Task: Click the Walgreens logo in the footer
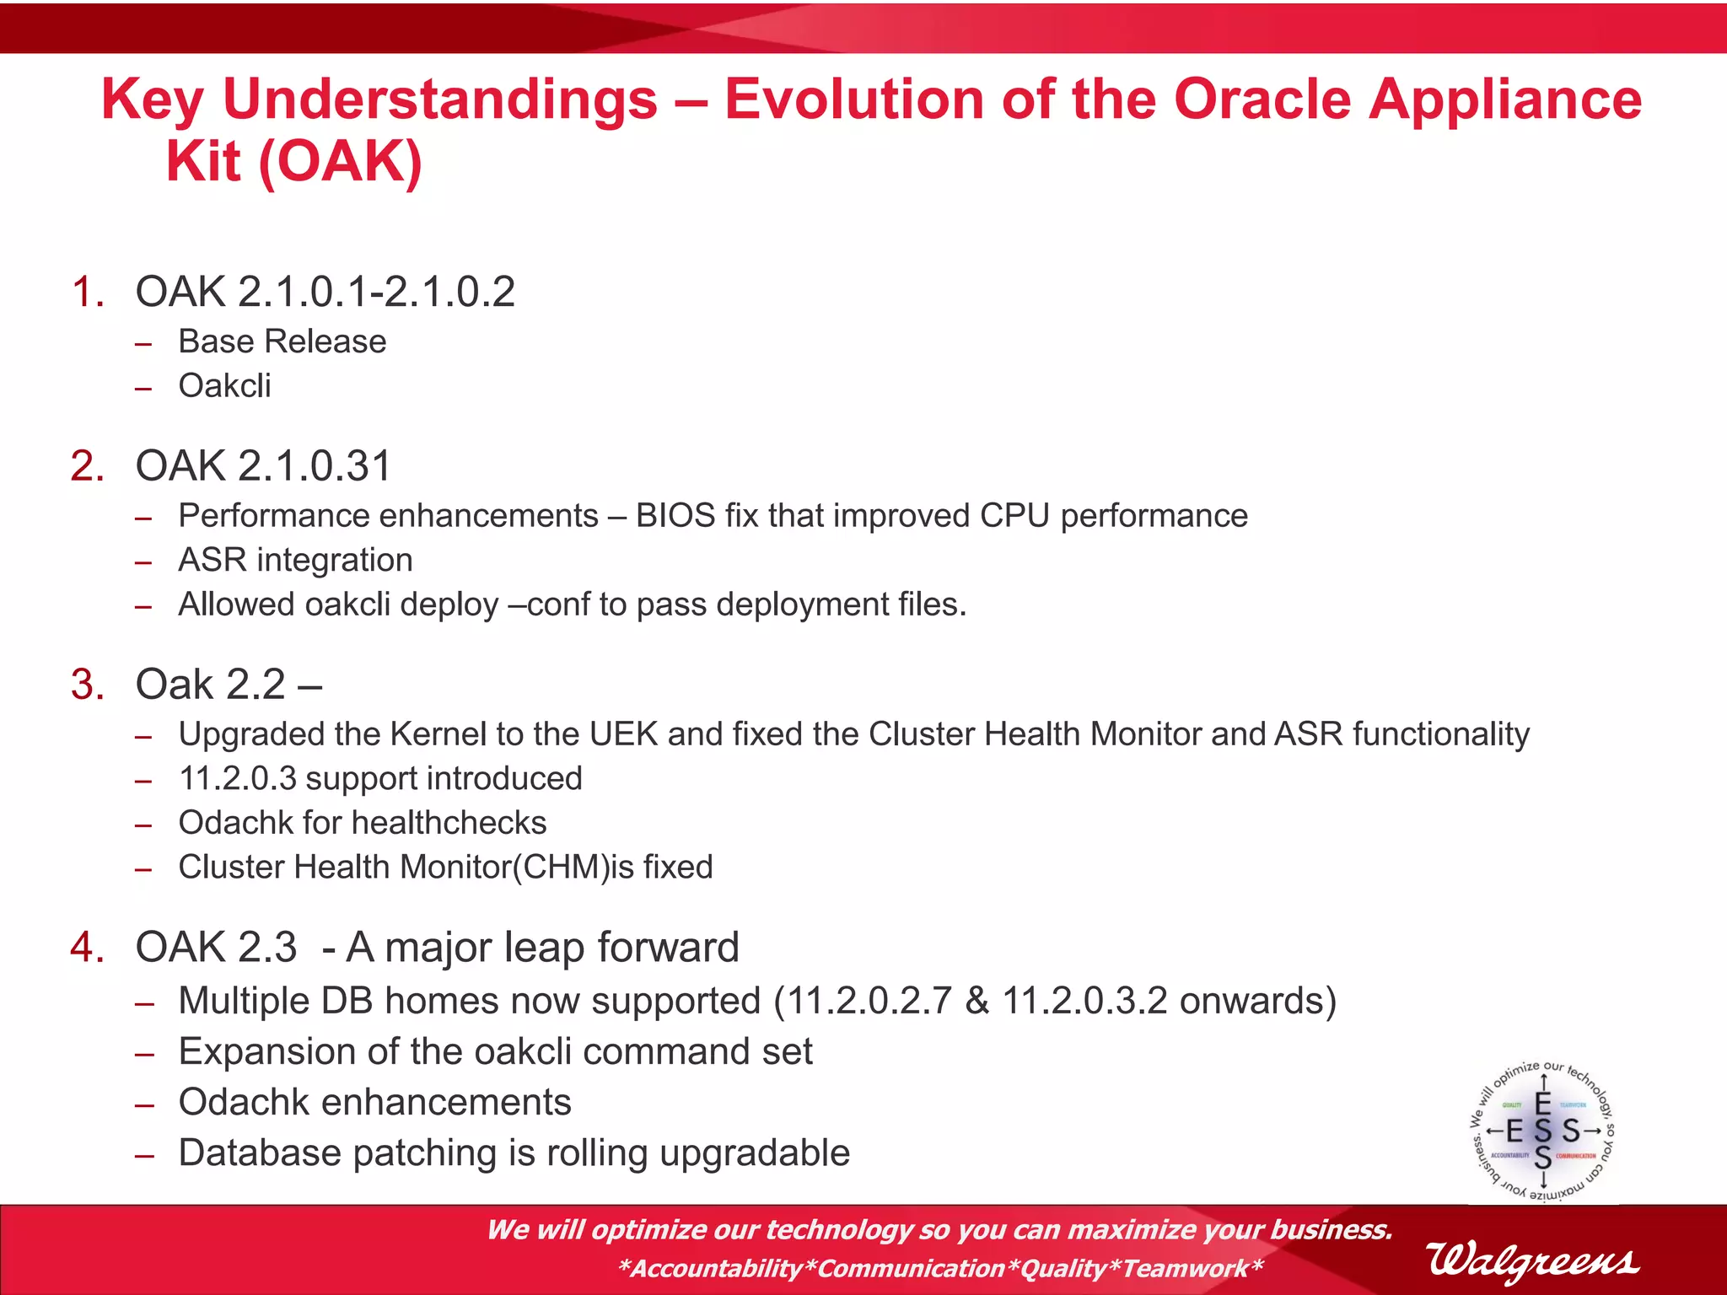click(1532, 1262)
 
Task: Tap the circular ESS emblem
click(1543, 1131)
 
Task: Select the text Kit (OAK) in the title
click(293, 161)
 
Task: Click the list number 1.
click(88, 293)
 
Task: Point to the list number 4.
click(88, 948)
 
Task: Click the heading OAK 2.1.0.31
click(263, 466)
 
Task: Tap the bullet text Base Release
click(282, 341)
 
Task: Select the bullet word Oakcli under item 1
click(224, 386)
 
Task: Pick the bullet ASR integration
click(295, 561)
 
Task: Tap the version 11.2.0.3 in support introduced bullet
click(237, 779)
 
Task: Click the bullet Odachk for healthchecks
click(363, 824)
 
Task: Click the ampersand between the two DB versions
click(976, 1002)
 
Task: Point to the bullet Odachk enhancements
click(374, 1103)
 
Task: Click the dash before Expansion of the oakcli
click(144, 1054)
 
